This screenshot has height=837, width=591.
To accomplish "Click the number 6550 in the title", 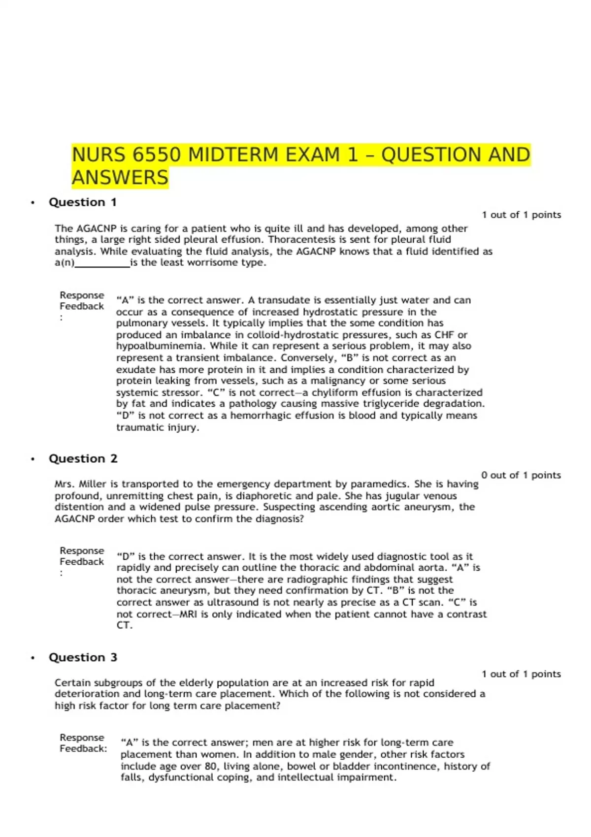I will pyautogui.click(x=156, y=155).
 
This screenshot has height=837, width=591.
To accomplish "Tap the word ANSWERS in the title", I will pyautogui.click(x=120, y=178).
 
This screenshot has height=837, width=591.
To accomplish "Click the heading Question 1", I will pyautogui.click(x=83, y=202).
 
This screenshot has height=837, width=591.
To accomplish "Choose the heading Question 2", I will pyautogui.click(x=83, y=459).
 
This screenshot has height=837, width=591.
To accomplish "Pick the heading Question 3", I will pyautogui.click(x=83, y=658).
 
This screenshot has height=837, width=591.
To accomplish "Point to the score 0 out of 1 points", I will pyautogui.click(x=521, y=475).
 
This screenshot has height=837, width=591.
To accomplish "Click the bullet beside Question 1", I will pyautogui.click(x=33, y=203).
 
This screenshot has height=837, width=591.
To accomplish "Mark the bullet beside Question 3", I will pyautogui.click(x=33, y=658).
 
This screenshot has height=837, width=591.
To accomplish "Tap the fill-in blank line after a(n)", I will pyautogui.click(x=102, y=263).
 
